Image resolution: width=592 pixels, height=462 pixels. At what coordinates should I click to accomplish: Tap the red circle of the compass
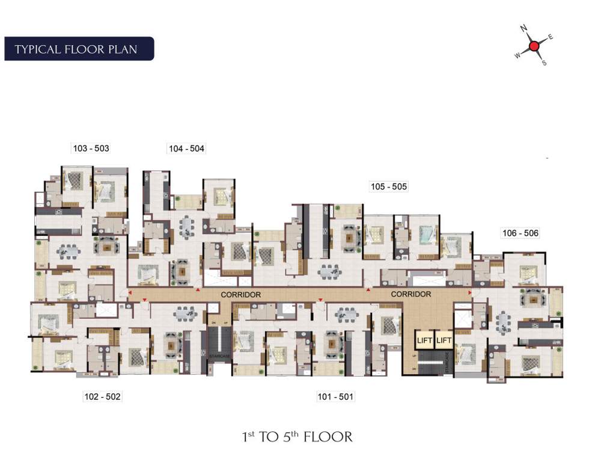(533, 46)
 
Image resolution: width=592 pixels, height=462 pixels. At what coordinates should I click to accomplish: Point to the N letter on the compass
(523, 28)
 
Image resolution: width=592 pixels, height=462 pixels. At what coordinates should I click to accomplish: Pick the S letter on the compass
(544, 63)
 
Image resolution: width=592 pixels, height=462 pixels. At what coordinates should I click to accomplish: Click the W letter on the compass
(516, 55)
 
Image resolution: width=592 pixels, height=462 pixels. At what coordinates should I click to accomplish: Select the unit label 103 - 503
(90, 148)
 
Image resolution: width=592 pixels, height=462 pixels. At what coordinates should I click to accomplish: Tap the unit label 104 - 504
(186, 148)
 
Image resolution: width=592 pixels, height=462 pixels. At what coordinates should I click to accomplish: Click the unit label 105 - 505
(389, 186)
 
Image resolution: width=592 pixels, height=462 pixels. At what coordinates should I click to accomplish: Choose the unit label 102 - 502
(102, 396)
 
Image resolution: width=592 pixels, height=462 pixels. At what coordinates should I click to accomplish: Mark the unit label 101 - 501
(335, 396)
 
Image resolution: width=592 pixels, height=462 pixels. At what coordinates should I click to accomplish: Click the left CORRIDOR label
(240, 295)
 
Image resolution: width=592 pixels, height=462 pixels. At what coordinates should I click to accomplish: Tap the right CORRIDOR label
(411, 294)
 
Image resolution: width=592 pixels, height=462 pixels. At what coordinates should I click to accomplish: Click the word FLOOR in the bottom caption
(328, 437)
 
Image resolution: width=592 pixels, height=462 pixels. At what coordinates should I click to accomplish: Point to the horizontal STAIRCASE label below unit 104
(217, 357)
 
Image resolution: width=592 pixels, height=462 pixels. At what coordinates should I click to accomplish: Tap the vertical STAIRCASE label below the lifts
(448, 365)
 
